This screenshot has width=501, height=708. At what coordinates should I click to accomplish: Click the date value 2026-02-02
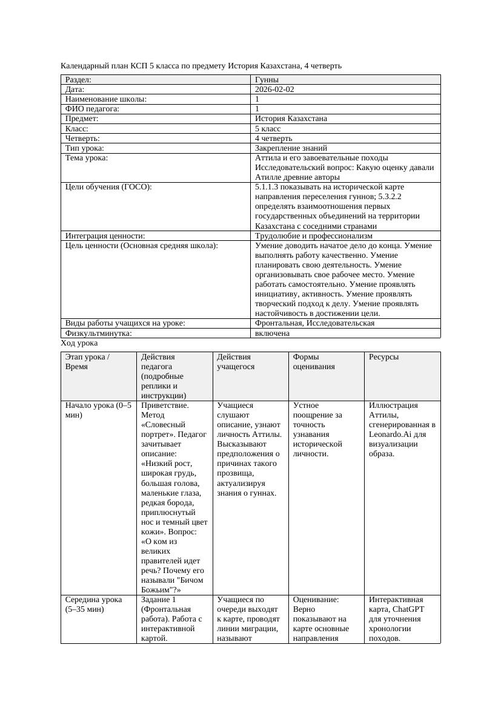point(275,90)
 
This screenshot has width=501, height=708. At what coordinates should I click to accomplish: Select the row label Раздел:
point(78,80)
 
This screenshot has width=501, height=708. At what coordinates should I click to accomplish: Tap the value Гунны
point(267,80)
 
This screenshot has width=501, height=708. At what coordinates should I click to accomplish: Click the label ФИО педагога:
point(92,109)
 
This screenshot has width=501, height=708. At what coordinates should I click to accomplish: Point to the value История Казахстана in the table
point(291,119)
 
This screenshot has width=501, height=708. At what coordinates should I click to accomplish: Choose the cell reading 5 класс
point(268,129)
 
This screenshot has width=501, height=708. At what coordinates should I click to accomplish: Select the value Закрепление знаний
point(291,148)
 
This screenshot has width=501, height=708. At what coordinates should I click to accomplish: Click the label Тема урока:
point(87,158)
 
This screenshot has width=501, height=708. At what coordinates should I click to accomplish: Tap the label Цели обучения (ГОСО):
point(108,187)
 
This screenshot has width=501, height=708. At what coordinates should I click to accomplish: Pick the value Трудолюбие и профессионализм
point(314,236)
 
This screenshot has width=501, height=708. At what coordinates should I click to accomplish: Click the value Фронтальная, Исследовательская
point(314,323)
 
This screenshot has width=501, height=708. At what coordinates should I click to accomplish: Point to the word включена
point(272,333)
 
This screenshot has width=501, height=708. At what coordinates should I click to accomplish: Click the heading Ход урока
point(79,343)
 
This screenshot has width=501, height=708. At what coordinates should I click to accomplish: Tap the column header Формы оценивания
point(314,361)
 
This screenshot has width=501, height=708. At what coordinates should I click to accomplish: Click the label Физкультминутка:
point(98,333)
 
